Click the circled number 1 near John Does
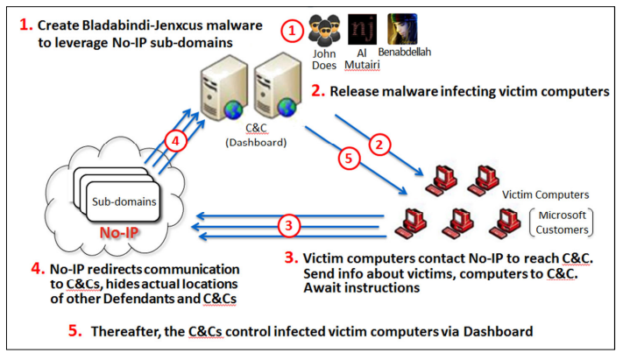pos(292,31)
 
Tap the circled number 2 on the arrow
pos(379,145)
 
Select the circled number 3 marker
pos(288,226)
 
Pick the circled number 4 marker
pos(175,141)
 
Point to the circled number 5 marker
pos(349,159)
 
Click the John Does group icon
pos(324,31)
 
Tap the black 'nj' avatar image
pos(363,30)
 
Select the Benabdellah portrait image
pos(402,29)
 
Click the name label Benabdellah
pos(405,52)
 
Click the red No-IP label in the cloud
pos(119,233)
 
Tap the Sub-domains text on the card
pos(124,201)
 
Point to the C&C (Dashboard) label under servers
pos(256,135)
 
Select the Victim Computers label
pos(546,194)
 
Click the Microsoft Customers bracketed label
pos(562,222)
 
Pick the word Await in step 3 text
pos(320,287)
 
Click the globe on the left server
pos(233,109)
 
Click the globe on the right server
pos(287,107)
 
